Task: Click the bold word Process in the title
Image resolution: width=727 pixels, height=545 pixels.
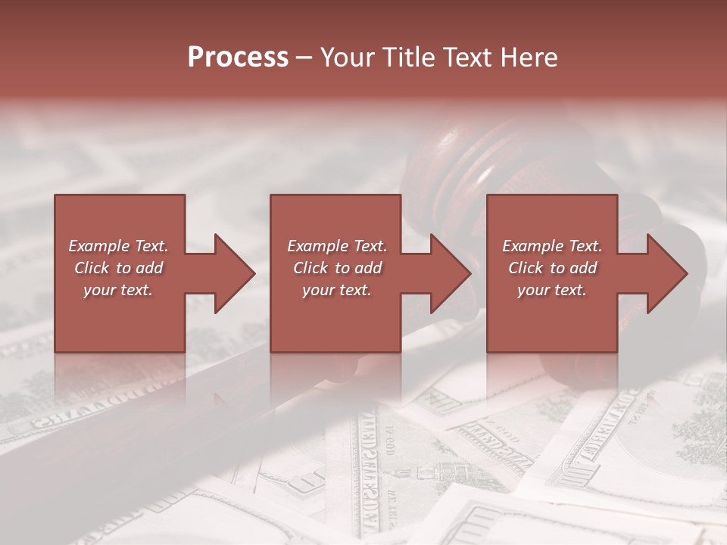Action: coord(238,58)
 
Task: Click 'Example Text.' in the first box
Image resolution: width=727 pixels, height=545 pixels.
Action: coord(119,246)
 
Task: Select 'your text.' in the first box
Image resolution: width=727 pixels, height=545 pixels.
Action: coord(119,290)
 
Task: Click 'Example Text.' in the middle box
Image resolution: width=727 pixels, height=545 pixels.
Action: coord(337,246)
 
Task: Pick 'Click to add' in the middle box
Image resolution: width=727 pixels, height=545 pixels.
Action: coord(337,268)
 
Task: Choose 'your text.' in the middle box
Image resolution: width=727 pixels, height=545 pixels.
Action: coord(337,290)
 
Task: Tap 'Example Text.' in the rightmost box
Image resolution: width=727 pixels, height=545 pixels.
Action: coord(552,246)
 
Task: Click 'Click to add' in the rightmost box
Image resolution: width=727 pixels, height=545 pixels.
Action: coord(552,268)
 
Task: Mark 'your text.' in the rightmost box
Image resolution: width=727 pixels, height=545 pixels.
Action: coord(552,290)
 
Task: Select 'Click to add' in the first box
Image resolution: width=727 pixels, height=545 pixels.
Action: coord(119,268)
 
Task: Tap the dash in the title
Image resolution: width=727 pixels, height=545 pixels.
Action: coord(304,58)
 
